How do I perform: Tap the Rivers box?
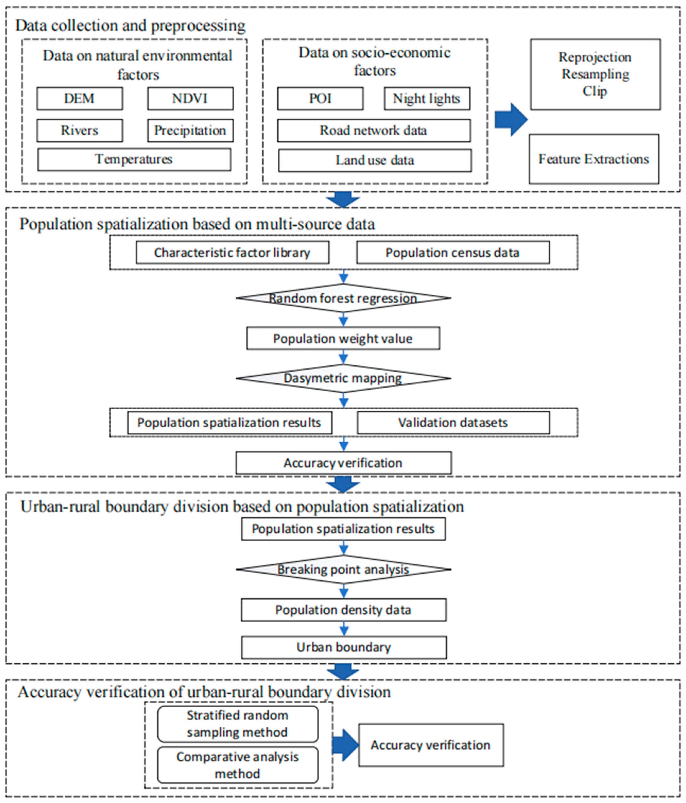pos(79,131)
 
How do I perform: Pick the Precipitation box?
pos(190,131)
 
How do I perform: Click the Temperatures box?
pos(134,159)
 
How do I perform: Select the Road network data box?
pos(374,131)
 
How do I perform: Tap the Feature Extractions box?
pos(593,159)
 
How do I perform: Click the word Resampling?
pos(595,74)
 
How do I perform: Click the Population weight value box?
pos(343,338)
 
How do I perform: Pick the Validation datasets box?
pos(453,422)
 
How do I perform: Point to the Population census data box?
pos(453,253)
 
